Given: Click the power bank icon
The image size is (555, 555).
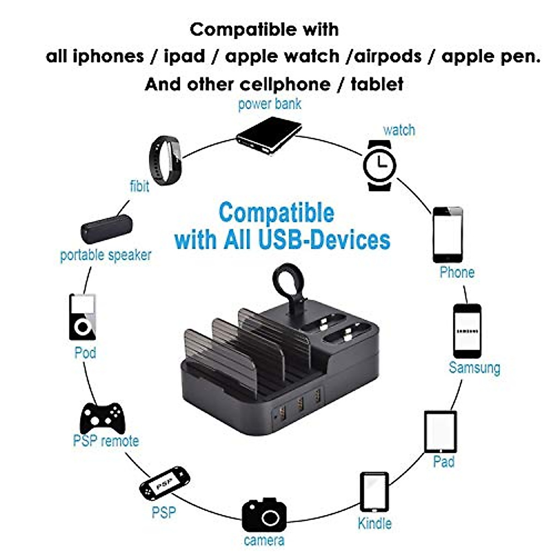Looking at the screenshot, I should (269, 135).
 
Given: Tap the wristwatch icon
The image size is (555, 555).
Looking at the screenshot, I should (380, 165).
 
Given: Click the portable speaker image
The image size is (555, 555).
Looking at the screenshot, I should (107, 229).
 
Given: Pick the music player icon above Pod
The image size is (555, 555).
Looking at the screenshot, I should (83, 317).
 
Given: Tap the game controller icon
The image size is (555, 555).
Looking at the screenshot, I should (102, 417).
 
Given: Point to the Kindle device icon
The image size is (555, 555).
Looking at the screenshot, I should (374, 492).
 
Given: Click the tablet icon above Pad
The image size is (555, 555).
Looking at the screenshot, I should (440, 432).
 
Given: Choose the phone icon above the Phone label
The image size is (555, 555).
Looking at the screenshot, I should (448, 235).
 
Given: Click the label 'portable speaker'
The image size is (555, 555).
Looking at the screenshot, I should (106, 255).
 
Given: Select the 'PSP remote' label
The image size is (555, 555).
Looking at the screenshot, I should (106, 440).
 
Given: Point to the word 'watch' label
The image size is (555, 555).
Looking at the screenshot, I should (399, 130).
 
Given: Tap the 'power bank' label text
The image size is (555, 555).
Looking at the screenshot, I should (270, 104).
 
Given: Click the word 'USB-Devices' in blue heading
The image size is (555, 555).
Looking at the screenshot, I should (324, 240).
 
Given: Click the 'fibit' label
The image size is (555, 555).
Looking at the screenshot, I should (139, 186).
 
